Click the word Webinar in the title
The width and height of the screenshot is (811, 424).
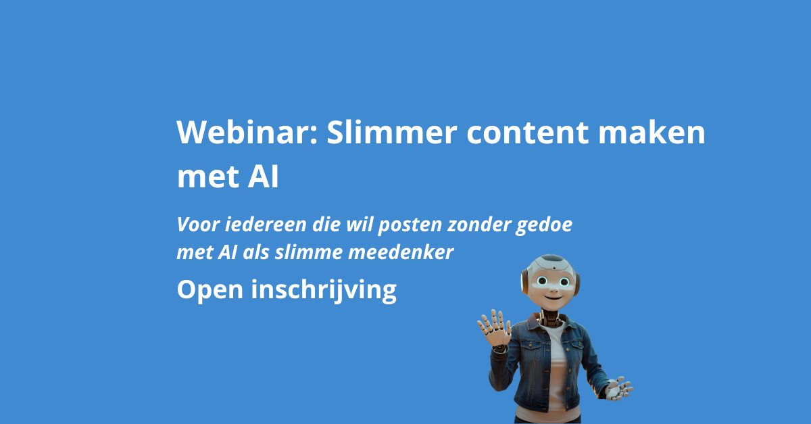pyautogui.click(x=247, y=132)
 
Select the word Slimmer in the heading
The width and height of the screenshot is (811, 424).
pyautogui.click(x=392, y=132)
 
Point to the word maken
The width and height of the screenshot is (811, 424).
pyautogui.click(x=652, y=132)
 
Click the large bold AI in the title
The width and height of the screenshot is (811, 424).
pyautogui.click(x=263, y=177)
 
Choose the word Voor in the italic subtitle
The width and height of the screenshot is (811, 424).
pyautogui.click(x=198, y=225)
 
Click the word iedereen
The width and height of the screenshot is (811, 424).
pyautogui.click(x=266, y=225)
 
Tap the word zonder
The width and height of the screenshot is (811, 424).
pyautogui.click(x=479, y=225)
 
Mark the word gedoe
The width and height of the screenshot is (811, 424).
pyautogui.click(x=544, y=225)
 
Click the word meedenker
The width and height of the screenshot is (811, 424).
pyautogui.click(x=401, y=252)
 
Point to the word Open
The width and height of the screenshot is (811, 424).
pyautogui.click(x=210, y=290)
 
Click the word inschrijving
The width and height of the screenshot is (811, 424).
pyautogui.click(x=324, y=290)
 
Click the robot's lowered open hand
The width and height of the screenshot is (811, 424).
pyautogui.click(x=619, y=388)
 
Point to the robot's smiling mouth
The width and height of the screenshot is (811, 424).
pyautogui.click(x=554, y=298)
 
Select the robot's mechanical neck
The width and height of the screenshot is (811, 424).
pyautogui.click(x=551, y=317)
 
